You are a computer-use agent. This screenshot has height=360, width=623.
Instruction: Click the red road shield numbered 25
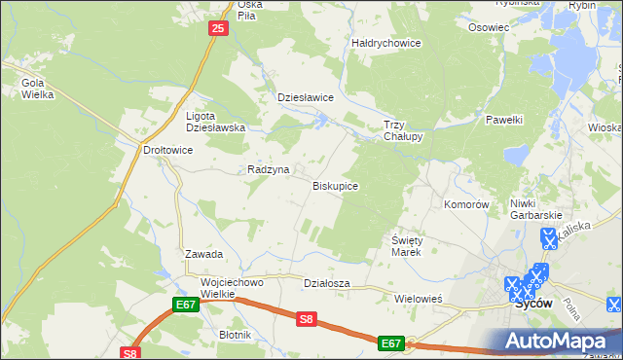[217, 30]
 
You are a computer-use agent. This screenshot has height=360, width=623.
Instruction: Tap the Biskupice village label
[335, 185]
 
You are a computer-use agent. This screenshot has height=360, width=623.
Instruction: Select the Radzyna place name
[269, 169]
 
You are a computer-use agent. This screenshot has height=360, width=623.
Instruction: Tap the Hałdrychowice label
[385, 43]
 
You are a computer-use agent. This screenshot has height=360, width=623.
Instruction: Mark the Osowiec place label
[489, 27]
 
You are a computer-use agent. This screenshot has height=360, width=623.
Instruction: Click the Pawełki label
[504, 120]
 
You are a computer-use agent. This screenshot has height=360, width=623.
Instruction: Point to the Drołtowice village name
[142, 151]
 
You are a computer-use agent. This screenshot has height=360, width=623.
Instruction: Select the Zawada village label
[204, 254]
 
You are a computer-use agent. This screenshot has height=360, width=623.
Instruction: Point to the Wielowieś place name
[419, 299]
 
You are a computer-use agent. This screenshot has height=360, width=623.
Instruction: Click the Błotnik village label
[236, 335]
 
